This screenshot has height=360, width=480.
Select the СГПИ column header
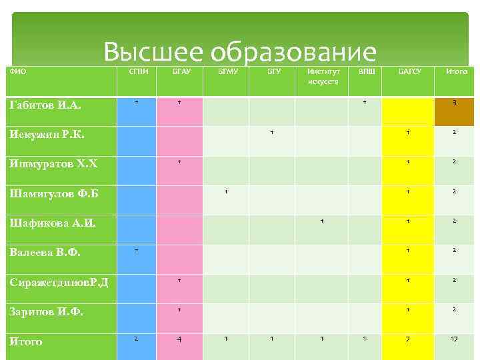(x=136, y=71)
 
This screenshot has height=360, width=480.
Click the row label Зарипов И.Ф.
(x=46, y=311)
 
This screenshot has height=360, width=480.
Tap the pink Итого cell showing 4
(x=179, y=340)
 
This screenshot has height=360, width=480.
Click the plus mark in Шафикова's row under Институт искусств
(x=322, y=220)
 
